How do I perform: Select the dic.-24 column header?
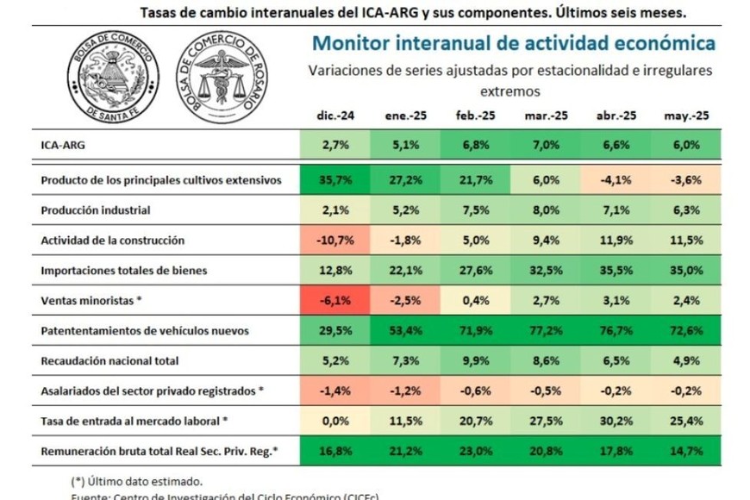coord(334,116)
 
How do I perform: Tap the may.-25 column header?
coord(687,116)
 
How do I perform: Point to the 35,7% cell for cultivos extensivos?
coord(334,180)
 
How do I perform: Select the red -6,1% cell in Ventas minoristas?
coord(334,300)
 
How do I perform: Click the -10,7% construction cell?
coord(334,241)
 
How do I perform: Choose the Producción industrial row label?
coord(97,210)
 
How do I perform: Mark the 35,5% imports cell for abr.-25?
coord(616,271)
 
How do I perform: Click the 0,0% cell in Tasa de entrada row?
coord(334,420)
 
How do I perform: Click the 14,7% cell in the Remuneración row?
coord(687,450)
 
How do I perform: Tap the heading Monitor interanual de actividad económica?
coord(513,43)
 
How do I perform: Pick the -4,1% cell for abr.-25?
coord(616,180)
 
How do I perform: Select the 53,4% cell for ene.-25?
coord(404,330)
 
